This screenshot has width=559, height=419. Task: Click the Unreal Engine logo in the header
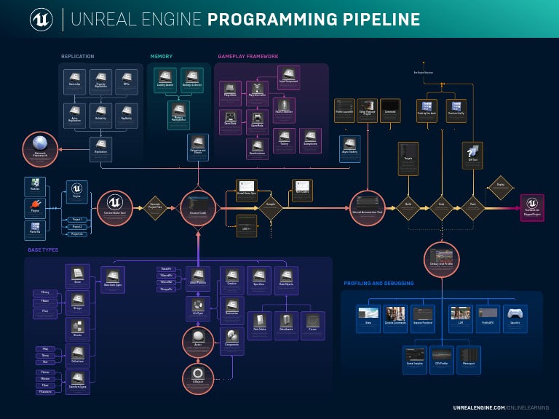tap(41, 20)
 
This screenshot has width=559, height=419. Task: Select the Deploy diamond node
tap(500, 186)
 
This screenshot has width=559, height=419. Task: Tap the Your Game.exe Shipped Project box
tap(532, 207)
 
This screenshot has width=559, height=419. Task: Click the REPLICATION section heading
tap(77, 56)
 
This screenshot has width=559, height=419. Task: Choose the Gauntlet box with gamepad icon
tap(515, 318)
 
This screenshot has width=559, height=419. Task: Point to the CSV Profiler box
tap(441, 357)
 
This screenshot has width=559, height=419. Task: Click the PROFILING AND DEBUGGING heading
tap(378, 283)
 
